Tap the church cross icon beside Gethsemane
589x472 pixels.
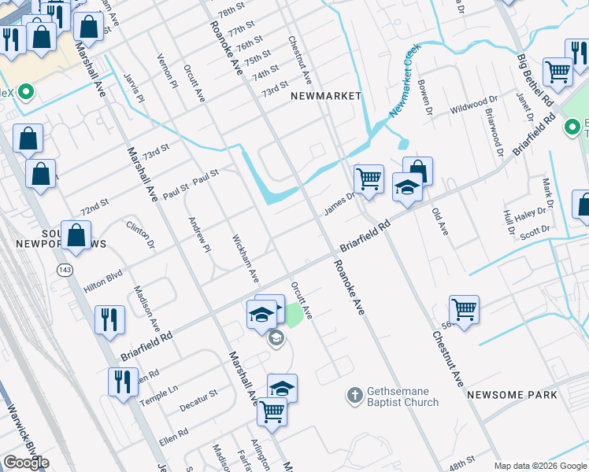click(x=355, y=393)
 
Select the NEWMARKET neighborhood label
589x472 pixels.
click(x=325, y=95)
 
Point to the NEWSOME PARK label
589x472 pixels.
click(x=512, y=395)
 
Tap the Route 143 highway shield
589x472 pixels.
click(x=64, y=270)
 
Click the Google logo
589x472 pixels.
click(x=26, y=463)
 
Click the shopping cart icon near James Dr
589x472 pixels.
click(x=369, y=179)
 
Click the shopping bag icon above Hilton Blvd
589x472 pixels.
click(x=76, y=234)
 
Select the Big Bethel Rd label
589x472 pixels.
click(x=536, y=82)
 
